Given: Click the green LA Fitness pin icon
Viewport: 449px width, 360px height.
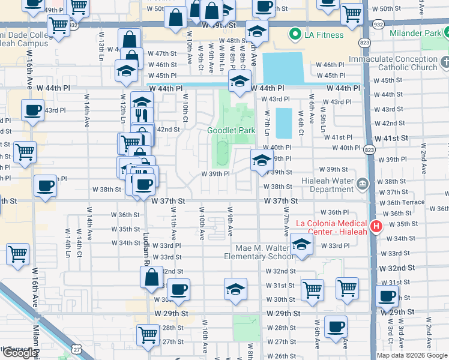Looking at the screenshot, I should click(x=295, y=35).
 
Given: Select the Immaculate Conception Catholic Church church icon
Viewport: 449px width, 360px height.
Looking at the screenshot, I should click(x=445, y=62).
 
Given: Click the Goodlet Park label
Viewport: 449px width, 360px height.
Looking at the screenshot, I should click(x=232, y=130).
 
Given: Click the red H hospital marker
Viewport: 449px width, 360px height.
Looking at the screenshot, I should click(x=376, y=226).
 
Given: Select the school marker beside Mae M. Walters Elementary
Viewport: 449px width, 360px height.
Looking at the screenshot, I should click(x=301, y=244).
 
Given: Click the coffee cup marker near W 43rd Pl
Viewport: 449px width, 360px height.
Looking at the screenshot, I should click(x=32, y=110).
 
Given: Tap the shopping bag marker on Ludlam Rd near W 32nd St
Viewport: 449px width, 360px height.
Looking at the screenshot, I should click(x=151, y=277).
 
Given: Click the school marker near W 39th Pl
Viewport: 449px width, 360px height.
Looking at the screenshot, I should click(x=262, y=160).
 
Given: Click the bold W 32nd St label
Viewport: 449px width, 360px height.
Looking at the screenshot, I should click(x=397, y=268).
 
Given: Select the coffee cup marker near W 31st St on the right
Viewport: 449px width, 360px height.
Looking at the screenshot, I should click(x=387, y=296).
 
